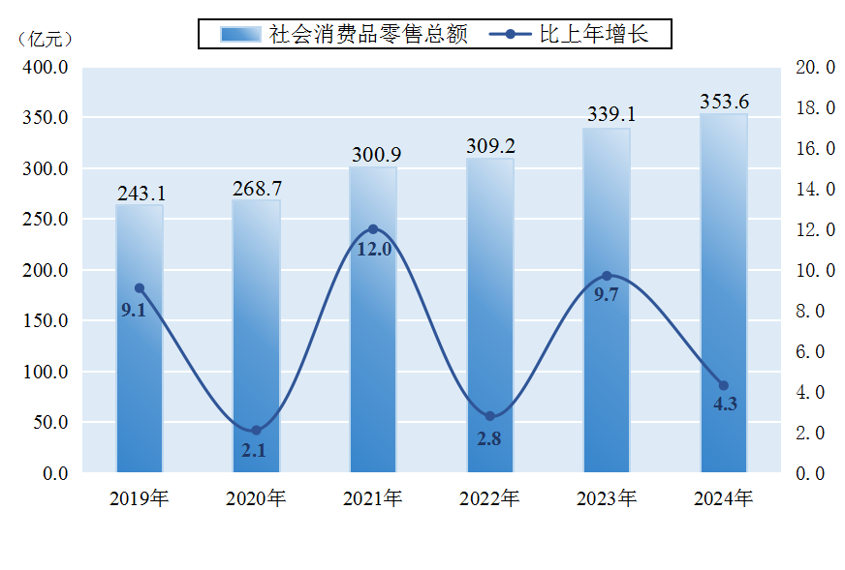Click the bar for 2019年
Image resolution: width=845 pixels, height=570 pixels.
point(140,339)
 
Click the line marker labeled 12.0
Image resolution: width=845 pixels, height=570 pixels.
point(373,229)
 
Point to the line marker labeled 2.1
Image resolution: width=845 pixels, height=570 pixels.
point(256,431)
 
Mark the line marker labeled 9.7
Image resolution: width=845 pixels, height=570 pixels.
point(607,276)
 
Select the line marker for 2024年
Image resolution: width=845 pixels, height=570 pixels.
point(724,385)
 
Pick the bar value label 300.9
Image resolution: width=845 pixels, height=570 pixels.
point(373,155)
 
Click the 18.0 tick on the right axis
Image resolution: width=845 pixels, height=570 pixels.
point(814,108)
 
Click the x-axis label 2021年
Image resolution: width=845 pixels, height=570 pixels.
point(373,499)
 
